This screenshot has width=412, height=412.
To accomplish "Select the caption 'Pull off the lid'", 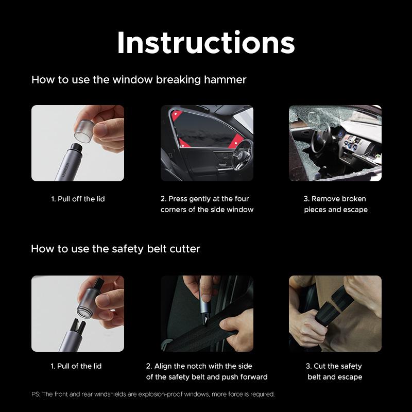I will [x=78, y=199].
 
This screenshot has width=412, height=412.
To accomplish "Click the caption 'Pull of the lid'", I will [x=76, y=366].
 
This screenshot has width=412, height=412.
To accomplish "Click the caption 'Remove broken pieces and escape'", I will [x=335, y=204].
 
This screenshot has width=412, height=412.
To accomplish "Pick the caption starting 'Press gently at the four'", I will [x=207, y=204].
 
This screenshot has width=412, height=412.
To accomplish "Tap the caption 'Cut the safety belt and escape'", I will [x=335, y=371].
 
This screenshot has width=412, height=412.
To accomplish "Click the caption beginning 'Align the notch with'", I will [x=207, y=371].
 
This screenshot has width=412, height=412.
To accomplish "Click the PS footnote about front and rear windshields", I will [x=153, y=394].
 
